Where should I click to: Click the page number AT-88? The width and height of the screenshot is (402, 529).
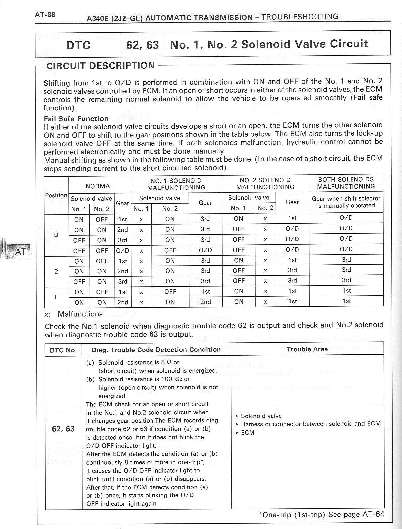45,15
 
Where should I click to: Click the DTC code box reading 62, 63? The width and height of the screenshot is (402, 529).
143,45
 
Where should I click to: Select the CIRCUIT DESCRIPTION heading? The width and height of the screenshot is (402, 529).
100,66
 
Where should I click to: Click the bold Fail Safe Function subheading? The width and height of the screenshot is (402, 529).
76,119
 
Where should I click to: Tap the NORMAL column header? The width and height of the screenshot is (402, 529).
100,186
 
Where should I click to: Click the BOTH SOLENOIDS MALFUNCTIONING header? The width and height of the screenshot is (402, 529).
346,183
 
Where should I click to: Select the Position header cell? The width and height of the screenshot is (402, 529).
56,195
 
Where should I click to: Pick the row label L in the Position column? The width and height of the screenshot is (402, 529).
56,297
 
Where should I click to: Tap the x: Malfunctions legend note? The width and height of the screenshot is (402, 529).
73,314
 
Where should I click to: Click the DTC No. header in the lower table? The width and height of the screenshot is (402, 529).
63,350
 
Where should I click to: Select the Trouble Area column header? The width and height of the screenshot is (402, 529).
307,349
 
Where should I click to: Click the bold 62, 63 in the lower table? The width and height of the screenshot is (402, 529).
63,429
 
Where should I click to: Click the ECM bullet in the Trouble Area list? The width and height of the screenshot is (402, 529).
248,433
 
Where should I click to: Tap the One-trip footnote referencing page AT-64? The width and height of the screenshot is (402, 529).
321,515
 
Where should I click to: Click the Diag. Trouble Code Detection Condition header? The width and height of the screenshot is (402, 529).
156,350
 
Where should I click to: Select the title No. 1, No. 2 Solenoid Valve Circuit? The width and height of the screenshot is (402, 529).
269,44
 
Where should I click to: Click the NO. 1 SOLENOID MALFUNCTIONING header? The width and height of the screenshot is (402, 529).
176,184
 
